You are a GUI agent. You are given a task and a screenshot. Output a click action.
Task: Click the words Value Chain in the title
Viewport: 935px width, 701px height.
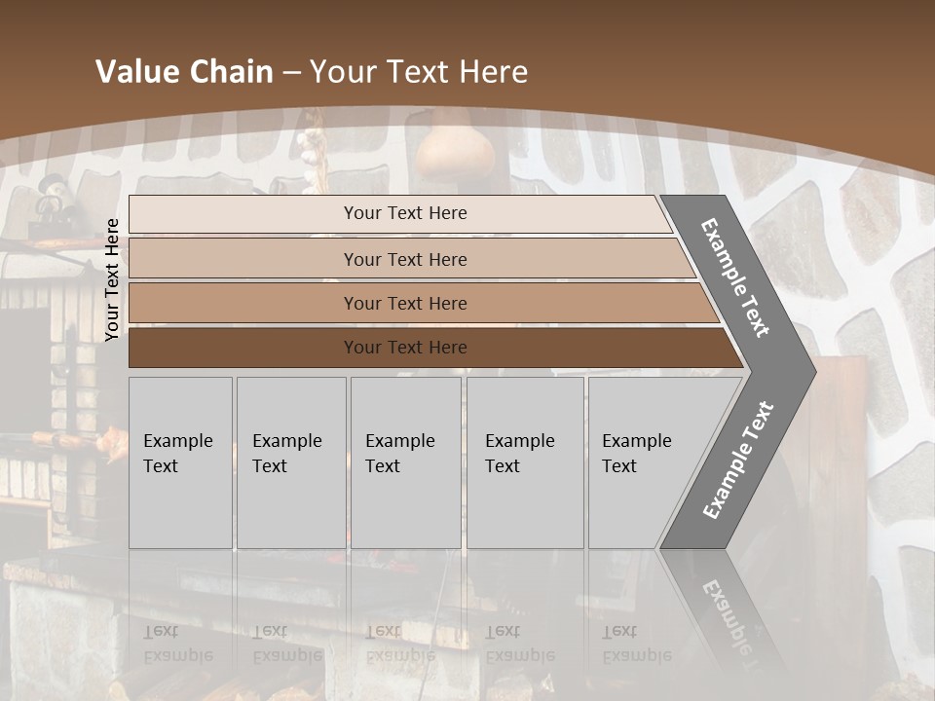pyautogui.click(x=184, y=72)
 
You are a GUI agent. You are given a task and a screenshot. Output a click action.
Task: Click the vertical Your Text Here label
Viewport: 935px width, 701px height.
pyautogui.click(x=112, y=279)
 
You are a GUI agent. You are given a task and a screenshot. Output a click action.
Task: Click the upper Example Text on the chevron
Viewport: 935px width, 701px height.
pyautogui.click(x=735, y=277)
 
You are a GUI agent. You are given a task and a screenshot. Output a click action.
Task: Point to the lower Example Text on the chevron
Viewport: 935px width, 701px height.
pyautogui.click(x=738, y=460)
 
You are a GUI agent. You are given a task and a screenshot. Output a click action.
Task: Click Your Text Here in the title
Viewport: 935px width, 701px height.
pyautogui.click(x=419, y=72)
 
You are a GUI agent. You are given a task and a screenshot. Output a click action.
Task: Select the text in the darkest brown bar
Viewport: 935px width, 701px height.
pyautogui.click(x=405, y=348)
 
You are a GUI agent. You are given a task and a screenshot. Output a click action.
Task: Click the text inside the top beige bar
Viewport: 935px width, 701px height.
pyautogui.click(x=405, y=213)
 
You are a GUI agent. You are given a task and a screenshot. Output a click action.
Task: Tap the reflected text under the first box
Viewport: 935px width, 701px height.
pyautogui.click(x=177, y=643)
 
